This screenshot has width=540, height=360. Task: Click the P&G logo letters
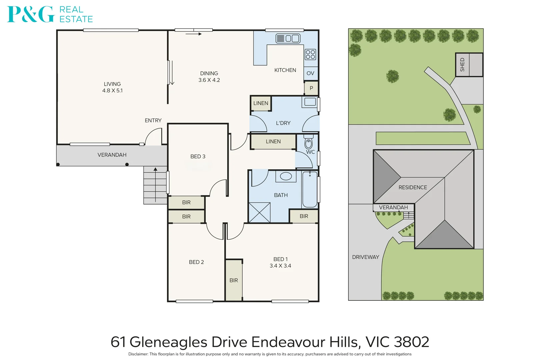pyautogui.click(x=31, y=14)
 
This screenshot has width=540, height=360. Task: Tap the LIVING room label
pyautogui.click(x=112, y=84)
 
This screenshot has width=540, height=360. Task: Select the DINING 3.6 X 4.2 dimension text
pyautogui.click(x=209, y=80)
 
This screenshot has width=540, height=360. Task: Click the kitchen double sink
pyautogui.click(x=288, y=38)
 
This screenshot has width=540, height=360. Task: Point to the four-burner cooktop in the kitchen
pyautogui.click(x=310, y=54)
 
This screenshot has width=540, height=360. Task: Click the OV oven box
pyautogui.click(x=310, y=73)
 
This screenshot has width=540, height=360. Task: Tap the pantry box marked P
pyautogui.click(x=311, y=88)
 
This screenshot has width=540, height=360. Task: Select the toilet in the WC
pyautogui.click(x=309, y=142)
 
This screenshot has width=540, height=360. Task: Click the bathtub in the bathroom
pyautogui.click(x=310, y=189)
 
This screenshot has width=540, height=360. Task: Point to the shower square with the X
pyautogui.click(x=259, y=212)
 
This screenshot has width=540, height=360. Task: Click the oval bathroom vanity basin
pyautogui.click(x=286, y=176)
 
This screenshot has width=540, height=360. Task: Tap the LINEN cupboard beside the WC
pyautogui.click(x=273, y=142)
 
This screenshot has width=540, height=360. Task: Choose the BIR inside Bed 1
pyautogui.click(x=234, y=280)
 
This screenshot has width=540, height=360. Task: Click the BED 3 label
pyautogui.click(x=198, y=156)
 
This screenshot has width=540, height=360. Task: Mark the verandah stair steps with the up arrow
pyautogui.click(x=155, y=185)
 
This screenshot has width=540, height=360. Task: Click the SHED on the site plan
pyautogui.click(x=469, y=65)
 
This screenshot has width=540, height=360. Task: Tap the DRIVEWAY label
pyautogui.click(x=365, y=257)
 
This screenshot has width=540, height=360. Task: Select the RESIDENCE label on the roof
pyautogui.click(x=412, y=187)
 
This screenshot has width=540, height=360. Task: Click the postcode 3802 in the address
pyautogui.click(x=411, y=342)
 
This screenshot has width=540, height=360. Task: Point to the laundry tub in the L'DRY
pyautogui.click(x=310, y=102)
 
